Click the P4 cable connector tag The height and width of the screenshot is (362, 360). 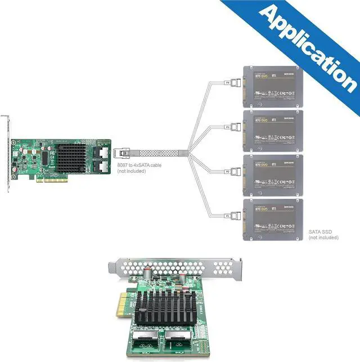click(227, 83)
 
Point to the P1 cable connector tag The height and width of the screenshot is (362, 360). click(227, 216)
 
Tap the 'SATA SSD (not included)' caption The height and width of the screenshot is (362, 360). click(323, 234)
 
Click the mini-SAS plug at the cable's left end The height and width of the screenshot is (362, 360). click(122, 152)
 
